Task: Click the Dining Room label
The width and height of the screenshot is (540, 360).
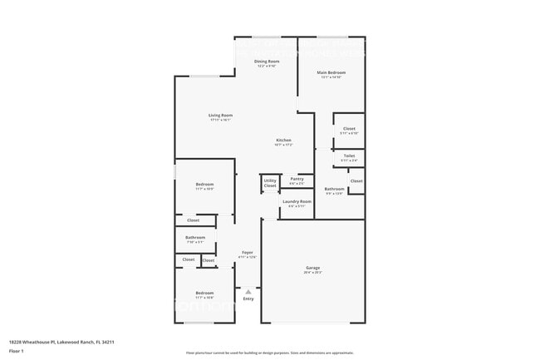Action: pos(266,62)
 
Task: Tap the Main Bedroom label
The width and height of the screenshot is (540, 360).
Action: pos(331,73)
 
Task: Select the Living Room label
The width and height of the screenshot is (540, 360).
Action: pos(220,116)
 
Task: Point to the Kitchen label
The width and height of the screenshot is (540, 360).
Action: pos(283,141)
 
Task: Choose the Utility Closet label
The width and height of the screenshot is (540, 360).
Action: pos(270,183)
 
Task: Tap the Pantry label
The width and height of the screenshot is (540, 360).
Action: pos(297,179)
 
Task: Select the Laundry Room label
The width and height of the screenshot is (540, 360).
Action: pos(297,201)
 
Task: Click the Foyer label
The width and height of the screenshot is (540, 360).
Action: pos(247,252)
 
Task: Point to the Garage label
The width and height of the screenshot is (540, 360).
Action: pos(312,268)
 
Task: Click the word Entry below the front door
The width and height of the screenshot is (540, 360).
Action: pos(248,298)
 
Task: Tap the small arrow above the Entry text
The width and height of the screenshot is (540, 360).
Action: pos(248,291)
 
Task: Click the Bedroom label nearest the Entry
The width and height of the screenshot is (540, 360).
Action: pos(204,293)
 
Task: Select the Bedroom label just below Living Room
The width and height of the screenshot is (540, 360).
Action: pos(204,185)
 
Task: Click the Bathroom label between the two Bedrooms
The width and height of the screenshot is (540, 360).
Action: pos(195,238)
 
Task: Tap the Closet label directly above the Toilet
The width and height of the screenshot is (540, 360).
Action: pos(349,129)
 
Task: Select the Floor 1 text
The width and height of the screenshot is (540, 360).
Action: pos(17,351)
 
